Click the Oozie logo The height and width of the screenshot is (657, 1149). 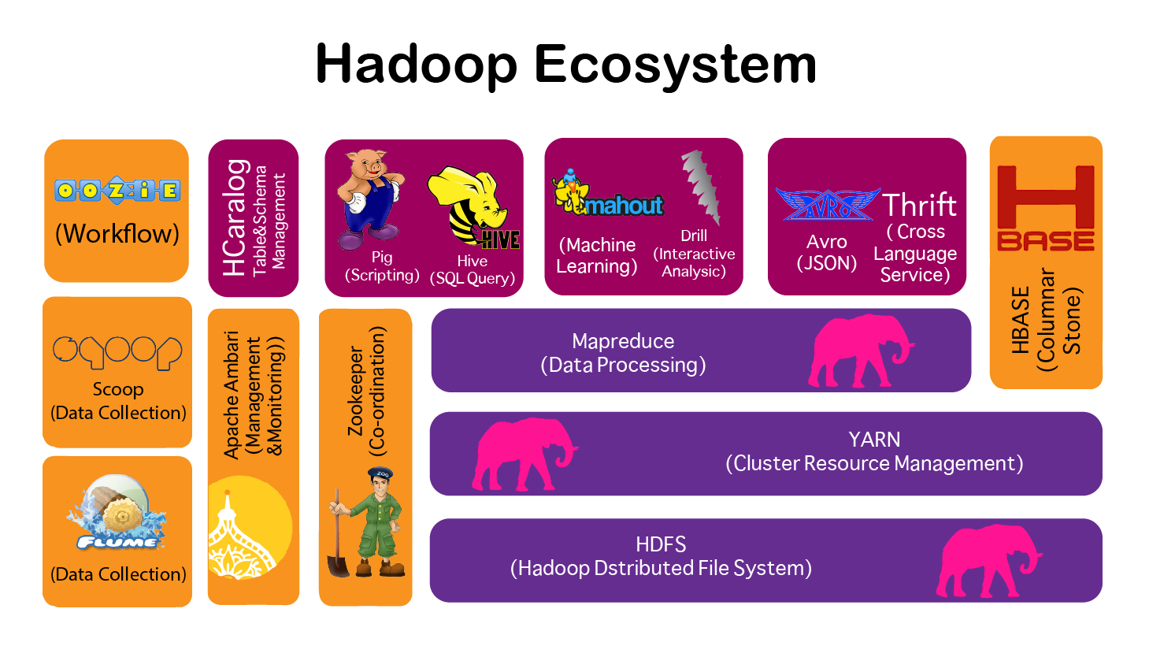pos(117,190)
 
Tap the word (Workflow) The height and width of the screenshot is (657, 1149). pos(117,233)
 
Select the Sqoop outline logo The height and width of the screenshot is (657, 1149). pos(117,351)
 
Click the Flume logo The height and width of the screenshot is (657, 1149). pos(117,514)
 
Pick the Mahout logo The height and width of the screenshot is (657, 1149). pos(608,195)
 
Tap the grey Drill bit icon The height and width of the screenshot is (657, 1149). pos(699,187)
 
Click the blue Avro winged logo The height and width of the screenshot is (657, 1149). pos(827,204)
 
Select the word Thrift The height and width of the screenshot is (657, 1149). pos(919,206)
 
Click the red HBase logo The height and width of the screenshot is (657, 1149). pos(1045,209)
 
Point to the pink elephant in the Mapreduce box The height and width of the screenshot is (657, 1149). pos(859,350)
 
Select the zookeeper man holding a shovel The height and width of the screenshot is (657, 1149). pos(367,523)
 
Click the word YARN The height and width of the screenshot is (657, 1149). pos(874,440)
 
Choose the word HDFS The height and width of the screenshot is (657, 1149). pos(661,544)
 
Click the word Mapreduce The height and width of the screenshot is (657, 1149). pos(623,341)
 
